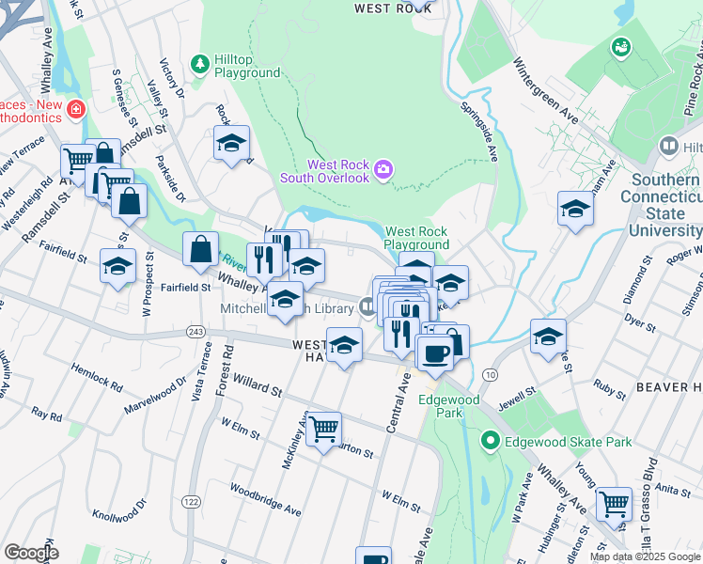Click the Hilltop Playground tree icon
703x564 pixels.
pos(199,64)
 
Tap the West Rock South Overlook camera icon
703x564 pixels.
pos(383,170)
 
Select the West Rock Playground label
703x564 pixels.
pos(416,238)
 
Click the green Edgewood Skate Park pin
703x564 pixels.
pos(489,440)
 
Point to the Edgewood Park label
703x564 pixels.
pos(449,406)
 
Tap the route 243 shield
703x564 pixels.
pos(195,332)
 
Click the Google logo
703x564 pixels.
pos(31,552)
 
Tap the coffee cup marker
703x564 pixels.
pos(434,353)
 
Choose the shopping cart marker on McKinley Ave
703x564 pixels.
pos(323,429)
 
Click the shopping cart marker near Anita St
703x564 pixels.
pos(614,503)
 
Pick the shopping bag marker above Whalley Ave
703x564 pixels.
pos(200,250)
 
